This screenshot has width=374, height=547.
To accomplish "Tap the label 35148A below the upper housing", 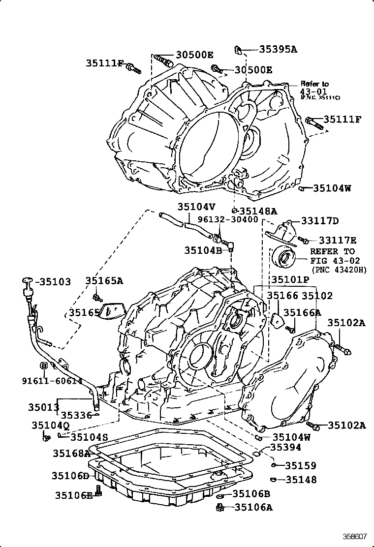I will tap(258, 212).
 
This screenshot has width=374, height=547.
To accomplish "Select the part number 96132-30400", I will tap(228, 219).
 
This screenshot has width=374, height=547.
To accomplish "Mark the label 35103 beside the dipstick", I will tap(55, 282).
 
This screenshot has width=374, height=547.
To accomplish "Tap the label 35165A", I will tap(104, 281).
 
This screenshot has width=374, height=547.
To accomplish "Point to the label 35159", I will tap(301, 465).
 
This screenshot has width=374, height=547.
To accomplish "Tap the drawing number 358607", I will tap(355, 537).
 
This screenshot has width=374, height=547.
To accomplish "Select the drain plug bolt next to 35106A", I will tap(220, 507).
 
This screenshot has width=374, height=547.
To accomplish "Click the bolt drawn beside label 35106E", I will tap(98, 491).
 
